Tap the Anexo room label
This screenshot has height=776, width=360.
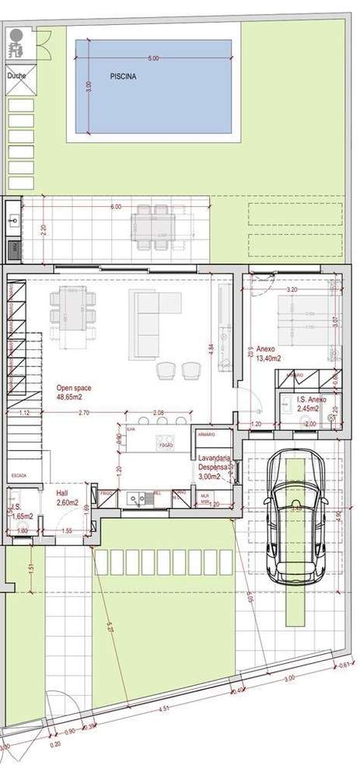[266, 350]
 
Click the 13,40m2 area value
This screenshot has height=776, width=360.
[270, 359]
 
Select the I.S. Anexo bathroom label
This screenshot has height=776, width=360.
[311, 400]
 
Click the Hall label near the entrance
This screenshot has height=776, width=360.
[62, 494]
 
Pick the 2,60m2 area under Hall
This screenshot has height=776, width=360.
[67, 503]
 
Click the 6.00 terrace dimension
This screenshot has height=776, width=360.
[116, 208]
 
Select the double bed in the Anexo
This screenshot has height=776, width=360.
[304, 320]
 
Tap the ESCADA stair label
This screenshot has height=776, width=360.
[19, 474]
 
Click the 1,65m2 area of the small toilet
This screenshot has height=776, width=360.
[21, 516]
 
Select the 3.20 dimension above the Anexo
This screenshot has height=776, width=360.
[292, 288]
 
